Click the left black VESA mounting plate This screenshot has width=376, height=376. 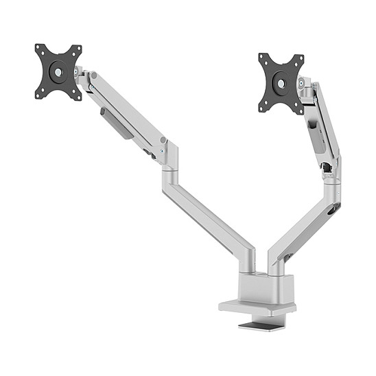(58, 71)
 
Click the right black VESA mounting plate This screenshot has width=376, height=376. (281, 82)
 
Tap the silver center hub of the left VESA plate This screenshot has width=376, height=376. (58, 71)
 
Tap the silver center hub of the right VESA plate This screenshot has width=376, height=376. (281, 82)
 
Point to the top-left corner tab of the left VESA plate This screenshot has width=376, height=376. (39, 49)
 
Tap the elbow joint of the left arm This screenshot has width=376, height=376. (167, 156)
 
